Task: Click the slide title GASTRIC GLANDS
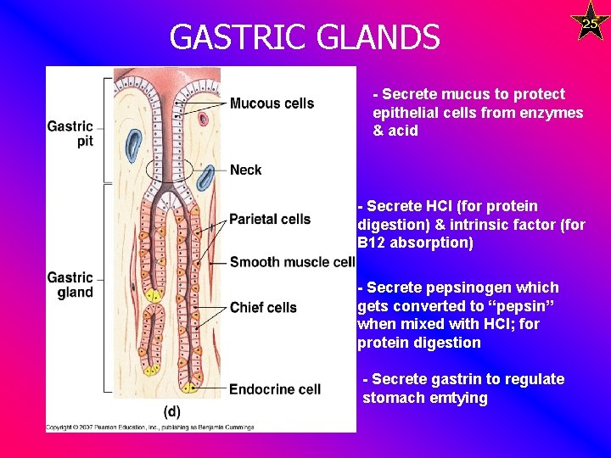click(305, 37)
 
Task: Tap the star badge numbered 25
click(590, 23)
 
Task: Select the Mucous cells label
click(272, 103)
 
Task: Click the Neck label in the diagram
click(245, 170)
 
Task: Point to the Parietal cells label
click(270, 219)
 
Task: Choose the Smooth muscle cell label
click(292, 262)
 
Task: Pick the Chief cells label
click(263, 307)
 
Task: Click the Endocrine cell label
click(274, 389)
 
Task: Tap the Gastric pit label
click(71, 134)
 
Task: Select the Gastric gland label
click(70, 285)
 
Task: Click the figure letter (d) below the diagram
click(172, 411)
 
